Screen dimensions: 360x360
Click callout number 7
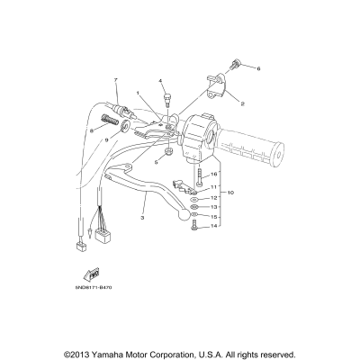[x=116, y=81]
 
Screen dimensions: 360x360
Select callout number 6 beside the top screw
[x=257, y=68]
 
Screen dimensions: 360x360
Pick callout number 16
[x=213, y=175]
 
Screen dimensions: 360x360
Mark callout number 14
[x=213, y=227]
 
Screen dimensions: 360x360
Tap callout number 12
[x=213, y=197]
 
